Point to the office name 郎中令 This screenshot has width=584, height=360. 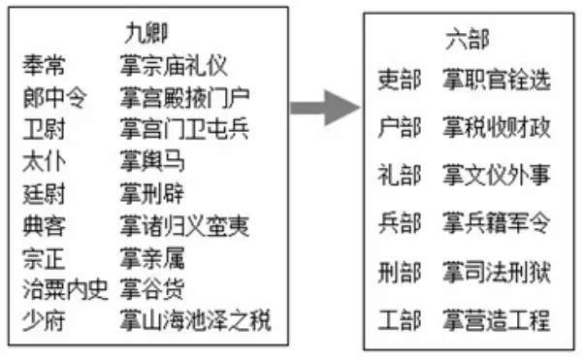pos(55,97)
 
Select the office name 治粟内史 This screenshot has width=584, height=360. pos(65,288)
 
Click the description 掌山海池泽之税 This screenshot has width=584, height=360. pos(195,319)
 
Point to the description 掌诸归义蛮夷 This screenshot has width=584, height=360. pos(184,225)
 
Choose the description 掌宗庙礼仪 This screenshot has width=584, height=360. pos(174,67)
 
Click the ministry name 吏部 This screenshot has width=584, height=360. pos(399,80)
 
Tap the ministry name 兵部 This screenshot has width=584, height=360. pos(399,224)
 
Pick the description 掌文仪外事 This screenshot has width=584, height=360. pos(496,176)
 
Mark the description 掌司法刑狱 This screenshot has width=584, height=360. pos(496,273)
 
